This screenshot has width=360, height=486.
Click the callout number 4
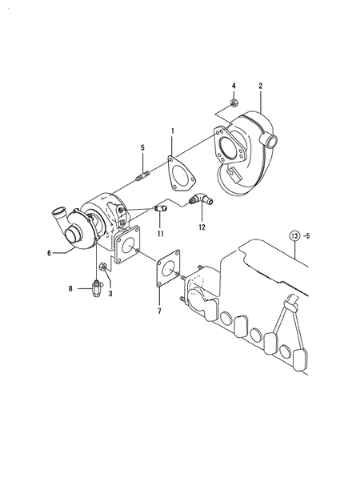234,86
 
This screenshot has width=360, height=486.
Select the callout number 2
261,86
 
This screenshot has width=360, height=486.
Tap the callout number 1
173,131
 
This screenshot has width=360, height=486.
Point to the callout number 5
142,147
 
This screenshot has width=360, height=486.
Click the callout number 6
50,253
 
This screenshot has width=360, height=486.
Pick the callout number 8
70,288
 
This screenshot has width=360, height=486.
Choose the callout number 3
110,294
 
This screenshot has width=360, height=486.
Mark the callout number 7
159,311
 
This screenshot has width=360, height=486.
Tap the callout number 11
160,234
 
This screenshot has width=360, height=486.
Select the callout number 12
202,227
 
